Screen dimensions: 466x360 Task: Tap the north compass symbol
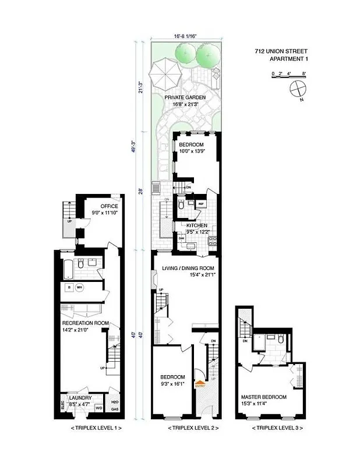(x=297, y=89)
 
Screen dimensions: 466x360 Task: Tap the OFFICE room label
(x=109, y=206)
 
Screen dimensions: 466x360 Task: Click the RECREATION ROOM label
(x=86, y=323)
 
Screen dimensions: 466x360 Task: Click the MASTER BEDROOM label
(x=264, y=397)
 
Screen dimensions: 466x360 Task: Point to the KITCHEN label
(x=196, y=225)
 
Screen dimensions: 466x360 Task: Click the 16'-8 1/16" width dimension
(x=185, y=36)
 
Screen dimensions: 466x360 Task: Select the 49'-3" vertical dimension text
(x=134, y=149)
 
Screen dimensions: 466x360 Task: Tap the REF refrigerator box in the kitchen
(x=200, y=204)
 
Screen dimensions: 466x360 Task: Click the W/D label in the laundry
(x=99, y=408)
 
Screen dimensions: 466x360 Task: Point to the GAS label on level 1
(x=114, y=409)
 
